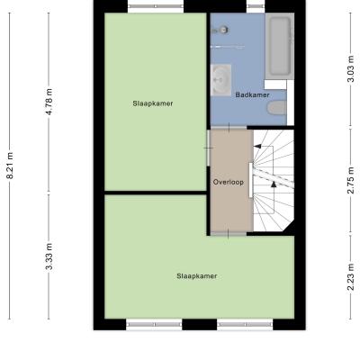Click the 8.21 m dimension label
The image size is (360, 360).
pyautogui.click(x=10, y=166)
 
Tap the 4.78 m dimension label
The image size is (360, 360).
pyautogui.click(x=49, y=102)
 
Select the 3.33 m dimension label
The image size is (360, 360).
pyautogui.click(x=49, y=256)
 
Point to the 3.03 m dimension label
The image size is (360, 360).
pyautogui.click(x=351, y=68)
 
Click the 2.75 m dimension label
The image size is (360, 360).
pyautogui.click(x=351, y=180)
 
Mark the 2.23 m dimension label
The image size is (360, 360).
pyautogui.click(x=351, y=277)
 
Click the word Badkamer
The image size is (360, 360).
pyautogui.click(x=252, y=95)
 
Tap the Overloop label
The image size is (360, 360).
pyautogui.click(x=229, y=182)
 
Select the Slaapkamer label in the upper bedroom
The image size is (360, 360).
pyautogui.click(x=153, y=103)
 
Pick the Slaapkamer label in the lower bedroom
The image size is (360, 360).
pyautogui.click(x=197, y=276)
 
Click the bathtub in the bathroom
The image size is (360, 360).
pyautogui.click(x=280, y=46)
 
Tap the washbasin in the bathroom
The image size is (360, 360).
pyautogui.click(x=220, y=80)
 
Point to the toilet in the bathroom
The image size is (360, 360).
pyautogui.click(x=276, y=108)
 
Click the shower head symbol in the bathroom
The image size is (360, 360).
pyautogui.click(x=222, y=30)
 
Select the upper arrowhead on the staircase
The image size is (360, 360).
pyautogui.click(x=257, y=147)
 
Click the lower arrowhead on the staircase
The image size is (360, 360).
pyautogui.click(x=274, y=184)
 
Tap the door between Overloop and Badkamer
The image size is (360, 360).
pyautogui.click(x=229, y=128)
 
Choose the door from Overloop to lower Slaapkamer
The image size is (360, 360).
pyautogui.click(x=229, y=233)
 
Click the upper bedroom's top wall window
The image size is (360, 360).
pyautogui.click(x=156, y=6)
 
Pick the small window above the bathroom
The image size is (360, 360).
pyautogui.click(x=256, y=6)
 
